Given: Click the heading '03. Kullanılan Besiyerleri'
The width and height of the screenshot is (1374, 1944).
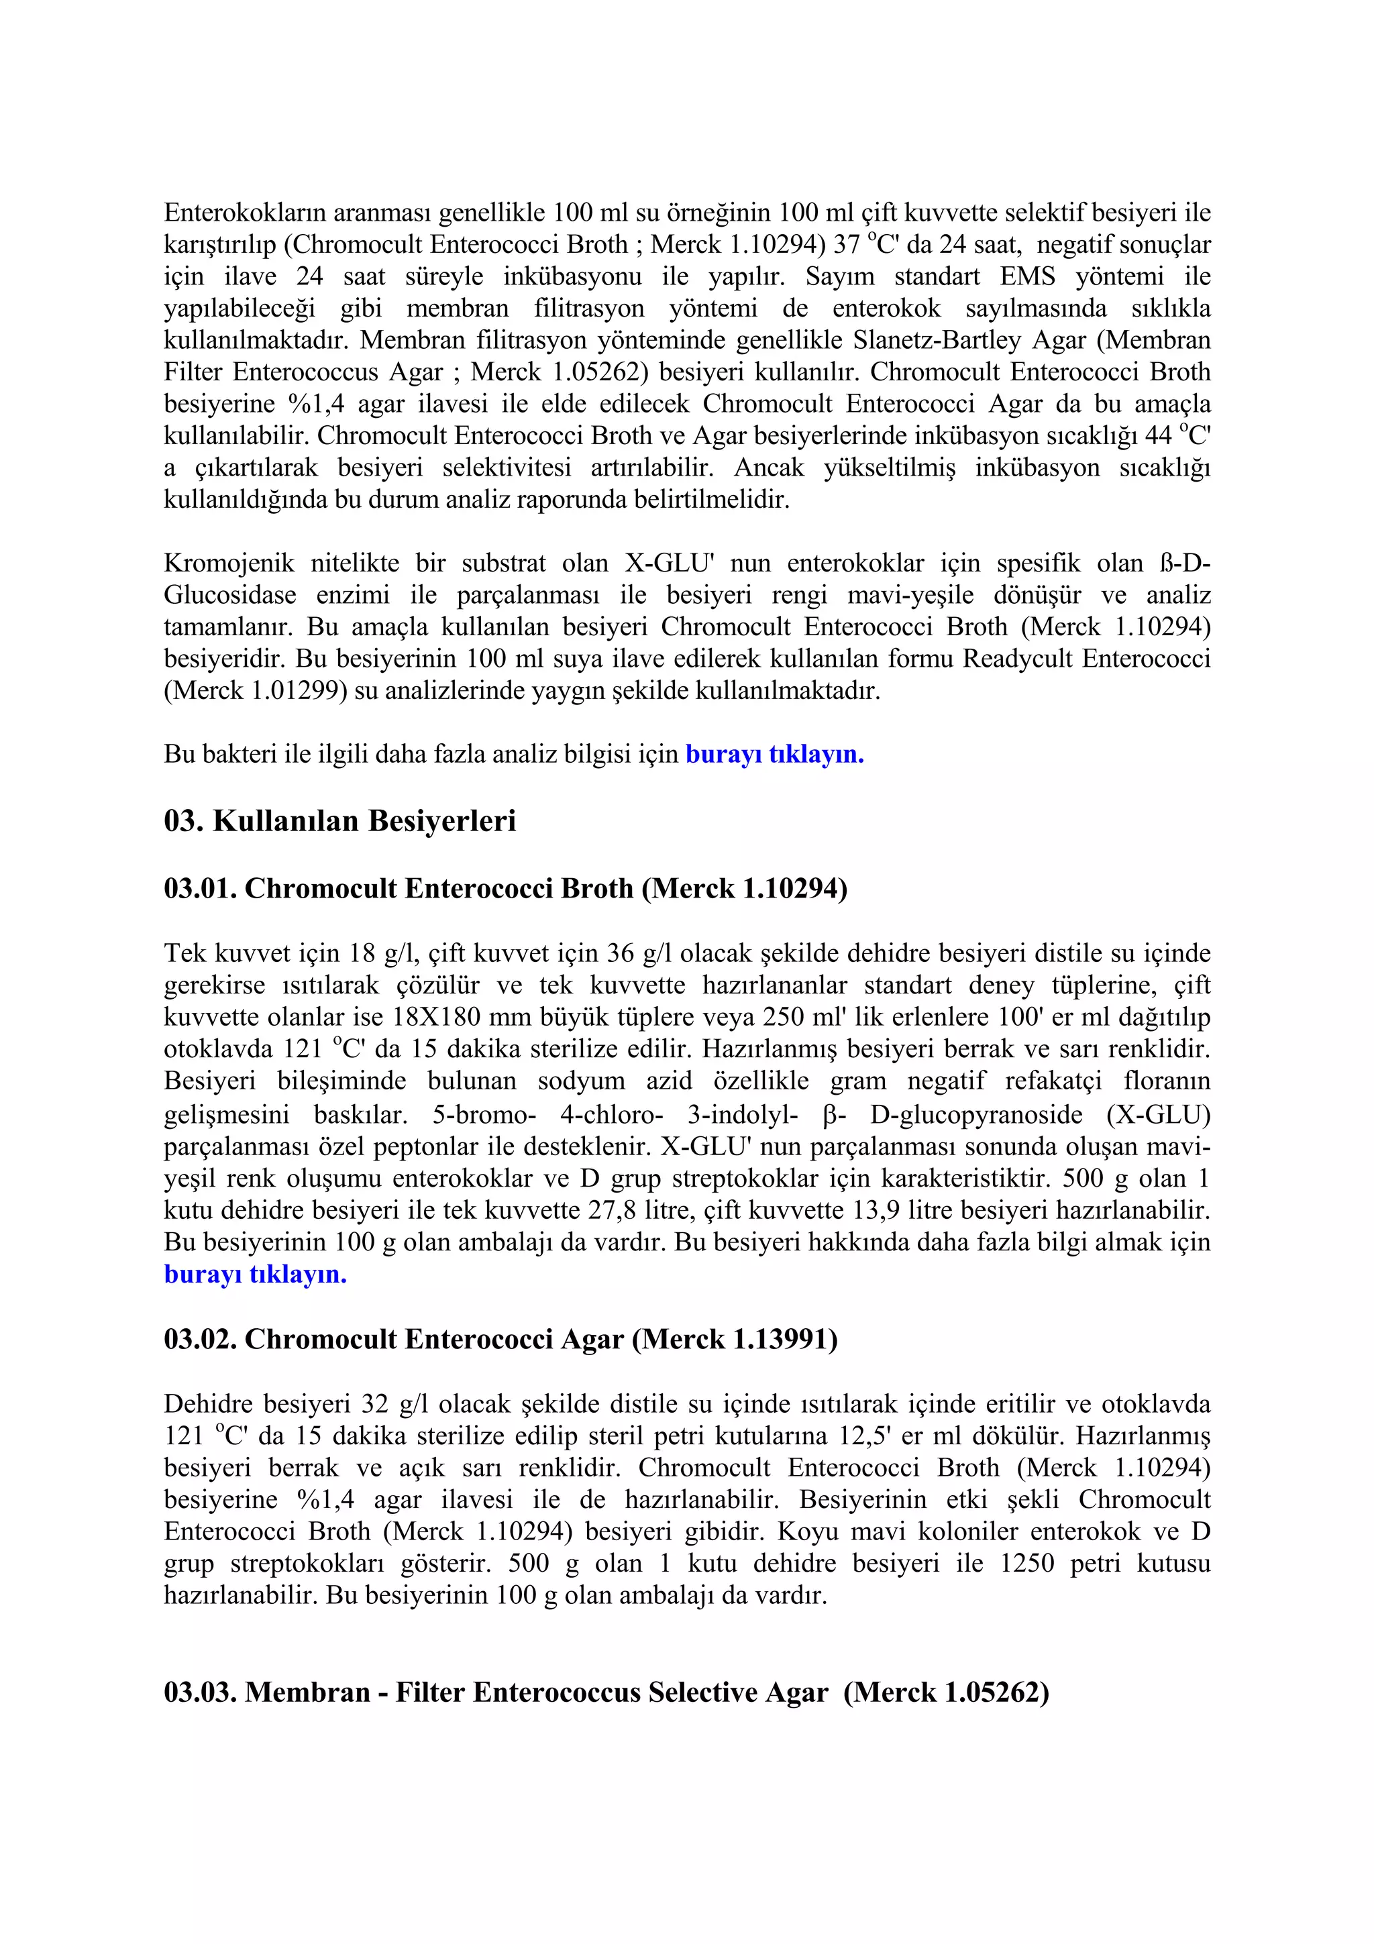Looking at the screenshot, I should (339, 821).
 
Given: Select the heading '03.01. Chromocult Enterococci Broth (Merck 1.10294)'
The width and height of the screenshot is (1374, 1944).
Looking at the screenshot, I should (505, 888).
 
